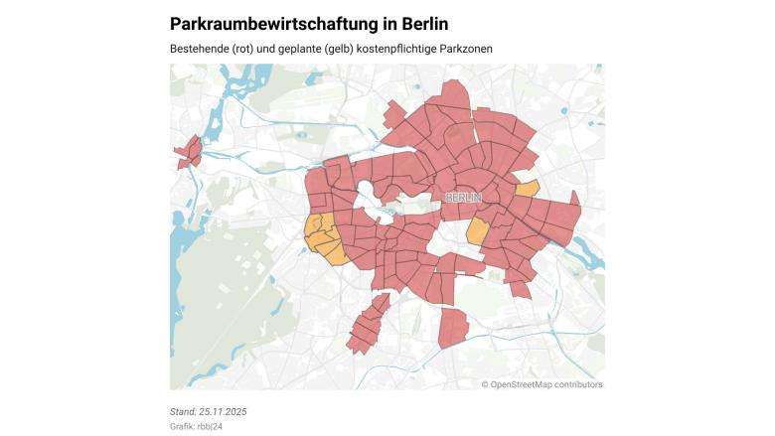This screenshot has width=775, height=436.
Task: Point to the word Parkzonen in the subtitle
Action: pos(466,49)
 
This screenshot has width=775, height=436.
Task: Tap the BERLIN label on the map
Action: pos(463,198)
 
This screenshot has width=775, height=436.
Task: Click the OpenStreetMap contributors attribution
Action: pos(542,384)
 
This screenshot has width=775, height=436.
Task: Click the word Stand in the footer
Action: pos(184,411)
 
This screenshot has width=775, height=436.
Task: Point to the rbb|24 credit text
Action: pos(209,426)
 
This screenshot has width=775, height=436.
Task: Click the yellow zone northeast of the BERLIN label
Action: pos(528,188)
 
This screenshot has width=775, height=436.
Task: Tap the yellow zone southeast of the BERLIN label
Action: pos(478,232)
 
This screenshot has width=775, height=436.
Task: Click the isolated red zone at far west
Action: pos(189,153)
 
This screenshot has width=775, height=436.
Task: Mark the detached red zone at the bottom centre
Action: pos(453,328)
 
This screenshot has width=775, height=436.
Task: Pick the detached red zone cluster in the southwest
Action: pos(367,323)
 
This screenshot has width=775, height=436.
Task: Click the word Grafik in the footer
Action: pos(182,426)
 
